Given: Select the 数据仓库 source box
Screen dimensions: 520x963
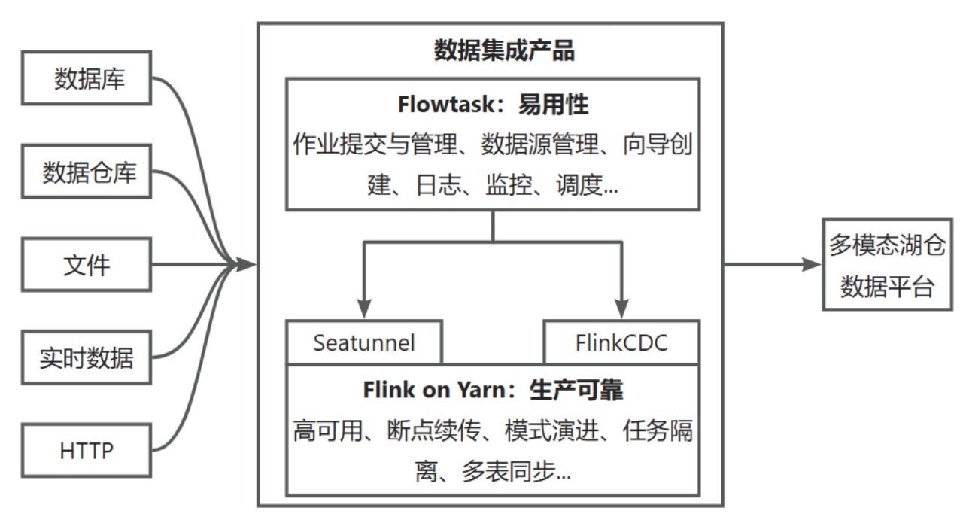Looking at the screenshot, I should point(88,172).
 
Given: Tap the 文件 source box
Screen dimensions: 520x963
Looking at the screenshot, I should point(88,265).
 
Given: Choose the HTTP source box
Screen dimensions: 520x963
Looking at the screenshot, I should point(88,451).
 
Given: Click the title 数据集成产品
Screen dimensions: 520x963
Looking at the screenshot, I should point(493,50).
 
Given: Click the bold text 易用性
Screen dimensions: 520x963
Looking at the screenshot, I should point(554,105).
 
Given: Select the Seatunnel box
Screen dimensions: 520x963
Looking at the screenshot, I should point(364,342).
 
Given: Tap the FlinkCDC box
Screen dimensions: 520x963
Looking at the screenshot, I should point(621,342).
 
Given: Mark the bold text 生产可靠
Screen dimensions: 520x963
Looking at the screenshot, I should point(578,391).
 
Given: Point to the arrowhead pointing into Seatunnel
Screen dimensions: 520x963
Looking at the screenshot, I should point(364,309).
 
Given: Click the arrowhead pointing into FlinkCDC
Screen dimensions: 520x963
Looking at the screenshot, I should point(621,309).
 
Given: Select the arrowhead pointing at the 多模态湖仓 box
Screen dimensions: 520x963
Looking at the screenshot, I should point(813,264).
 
